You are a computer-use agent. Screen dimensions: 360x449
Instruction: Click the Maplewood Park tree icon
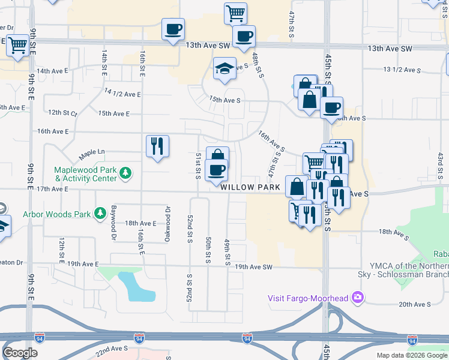pos(125,174)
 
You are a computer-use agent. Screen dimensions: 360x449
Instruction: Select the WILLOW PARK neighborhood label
pos(250,188)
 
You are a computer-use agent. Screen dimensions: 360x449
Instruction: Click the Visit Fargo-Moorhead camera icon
pos(358,298)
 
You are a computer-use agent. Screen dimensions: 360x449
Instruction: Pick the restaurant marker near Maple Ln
pos(157,146)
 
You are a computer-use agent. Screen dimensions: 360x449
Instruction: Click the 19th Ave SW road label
pos(253,267)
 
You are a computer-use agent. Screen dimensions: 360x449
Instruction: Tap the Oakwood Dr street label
pos(167,224)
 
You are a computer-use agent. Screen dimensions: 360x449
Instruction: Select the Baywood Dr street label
pos(113,220)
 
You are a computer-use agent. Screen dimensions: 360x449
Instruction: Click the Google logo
pos(20,353)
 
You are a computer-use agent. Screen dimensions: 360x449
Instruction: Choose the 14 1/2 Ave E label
pos(122,94)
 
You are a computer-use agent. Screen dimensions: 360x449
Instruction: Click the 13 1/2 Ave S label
pos(403,70)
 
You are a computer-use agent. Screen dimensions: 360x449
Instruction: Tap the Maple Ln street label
pos(92,154)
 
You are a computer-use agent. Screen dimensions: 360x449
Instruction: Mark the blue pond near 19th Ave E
pos(137,286)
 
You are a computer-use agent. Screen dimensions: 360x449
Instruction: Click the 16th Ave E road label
pos(53,131)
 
